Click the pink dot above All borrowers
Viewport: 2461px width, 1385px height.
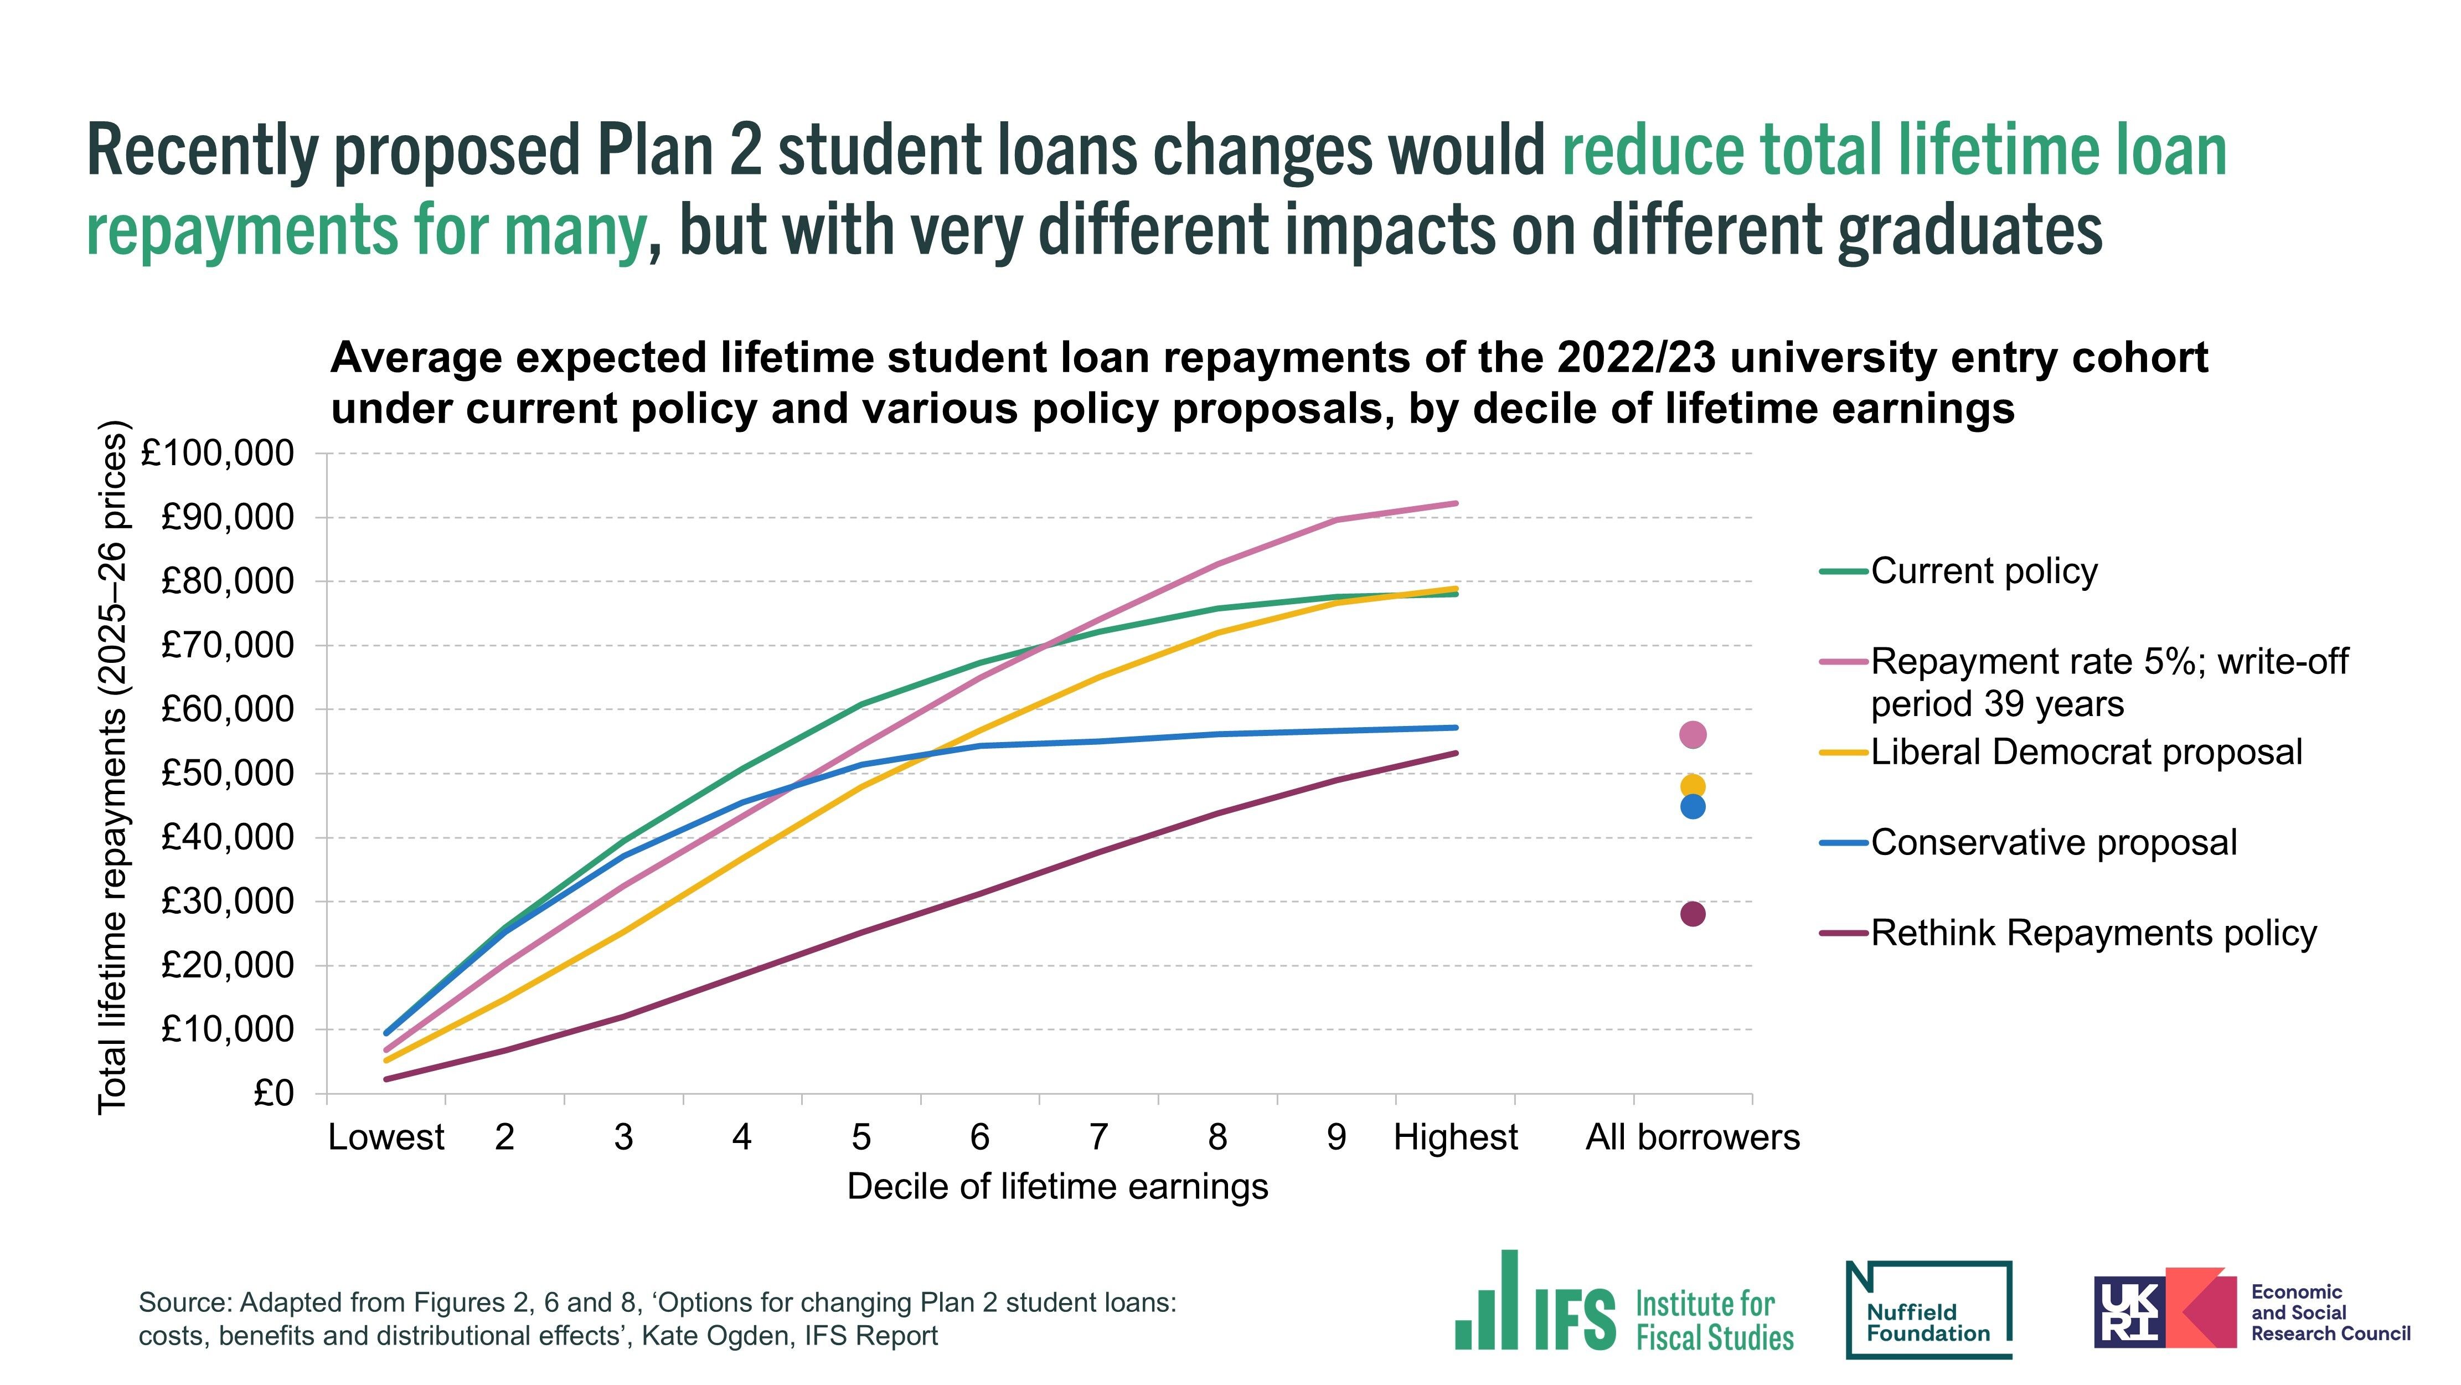(1692, 735)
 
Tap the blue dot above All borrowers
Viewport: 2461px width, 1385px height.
(1692, 807)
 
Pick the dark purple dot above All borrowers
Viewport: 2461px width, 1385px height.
(1692, 914)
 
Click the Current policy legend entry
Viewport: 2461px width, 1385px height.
(1983, 571)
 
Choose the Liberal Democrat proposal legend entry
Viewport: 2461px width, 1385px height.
(2086, 752)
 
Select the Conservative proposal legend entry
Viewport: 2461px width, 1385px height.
(2053, 843)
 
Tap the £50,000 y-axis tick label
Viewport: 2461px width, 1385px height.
(228, 773)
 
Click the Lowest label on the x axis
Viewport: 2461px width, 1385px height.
(386, 1137)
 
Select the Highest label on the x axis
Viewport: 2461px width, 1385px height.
(1455, 1137)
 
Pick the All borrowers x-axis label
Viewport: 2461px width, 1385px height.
(1692, 1137)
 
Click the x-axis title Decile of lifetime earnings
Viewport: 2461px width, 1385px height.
(1057, 1186)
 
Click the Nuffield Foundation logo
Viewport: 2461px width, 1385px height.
(1929, 1310)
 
